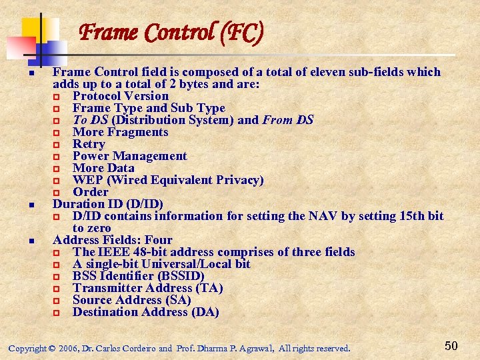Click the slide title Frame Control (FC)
point(171,31)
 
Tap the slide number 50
point(451,345)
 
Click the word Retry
point(89,144)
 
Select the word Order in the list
point(90,192)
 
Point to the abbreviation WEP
point(87,180)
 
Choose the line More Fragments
point(120,132)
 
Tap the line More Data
point(103,168)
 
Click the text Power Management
point(129,156)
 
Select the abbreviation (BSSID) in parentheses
point(181,276)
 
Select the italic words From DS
point(287,120)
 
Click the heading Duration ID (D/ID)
point(108,204)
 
